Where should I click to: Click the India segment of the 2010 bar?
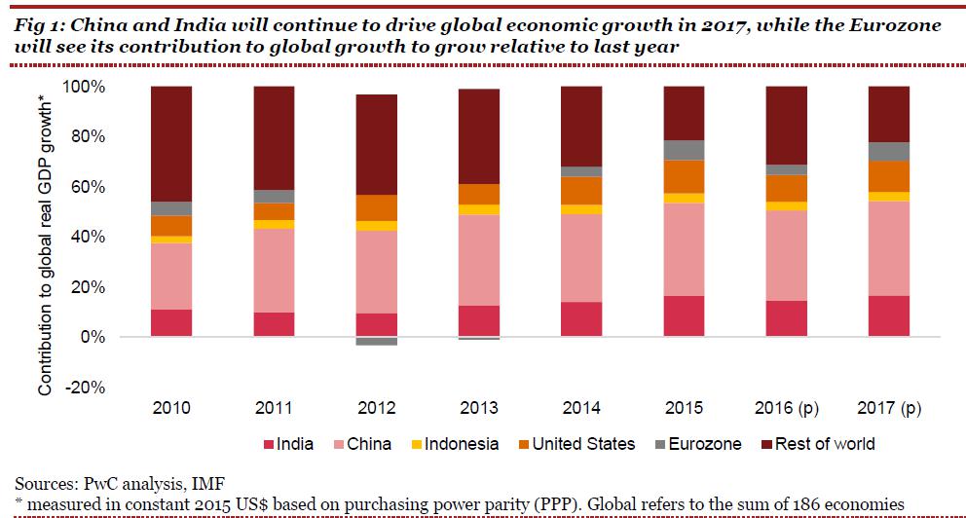pyautogui.click(x=170, y=323)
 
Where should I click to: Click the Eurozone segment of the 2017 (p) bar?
pyautogui.click(x=888, y=151)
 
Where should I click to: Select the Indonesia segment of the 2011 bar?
pyautogui.click(x=274, y=225)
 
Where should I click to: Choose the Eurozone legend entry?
pyautogui.click(x=696, y=444)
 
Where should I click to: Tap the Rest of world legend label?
pyautogui.click(x=826, y=444)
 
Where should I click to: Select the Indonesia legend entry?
pyautogui.click(x=453, y=444)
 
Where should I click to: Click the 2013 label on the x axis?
pyautogui.click(x=480, y=407)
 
